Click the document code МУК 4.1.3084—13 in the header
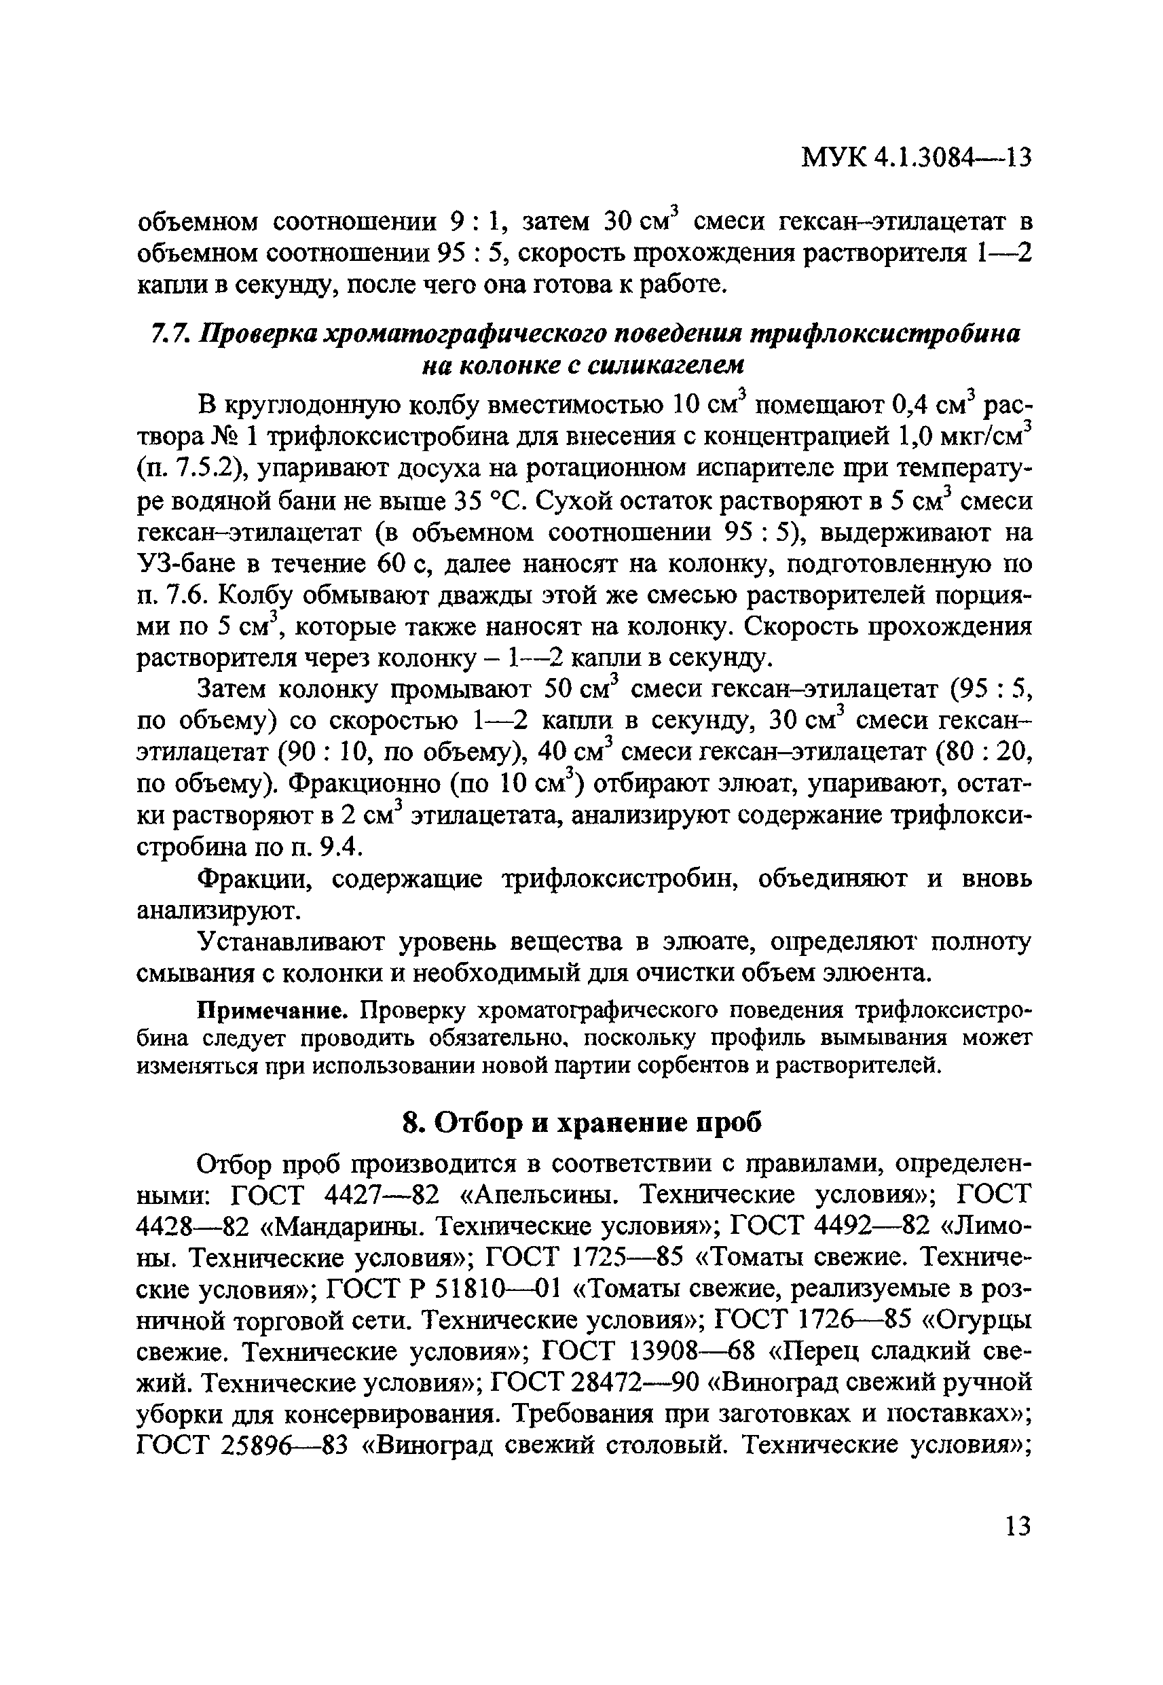916,158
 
